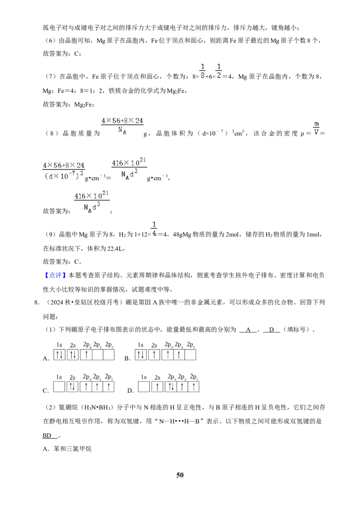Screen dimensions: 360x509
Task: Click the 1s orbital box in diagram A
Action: (x=59, y=354)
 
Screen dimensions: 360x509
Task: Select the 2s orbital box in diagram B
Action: (x=154, y=354)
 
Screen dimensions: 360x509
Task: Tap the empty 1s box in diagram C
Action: (x=59, y=387)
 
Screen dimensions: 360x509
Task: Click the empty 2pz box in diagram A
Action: (x=108, y=354)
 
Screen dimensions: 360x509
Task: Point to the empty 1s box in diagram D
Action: (x=144, y=387)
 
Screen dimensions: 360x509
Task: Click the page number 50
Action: (x=180, y=475)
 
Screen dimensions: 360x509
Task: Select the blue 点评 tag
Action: (x=55, y=275)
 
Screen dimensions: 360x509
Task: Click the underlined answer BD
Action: (x=47, y=435)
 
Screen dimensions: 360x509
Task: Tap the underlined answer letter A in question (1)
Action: (x=248, y=330)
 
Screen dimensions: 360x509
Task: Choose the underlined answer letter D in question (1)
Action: (x=272, y=330)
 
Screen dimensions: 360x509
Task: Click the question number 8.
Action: (x=37, y=302)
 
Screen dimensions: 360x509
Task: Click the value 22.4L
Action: (x=116, y=248)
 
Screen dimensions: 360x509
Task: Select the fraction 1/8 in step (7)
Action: (x=202, y=71)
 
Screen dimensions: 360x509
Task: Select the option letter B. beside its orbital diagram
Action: (x=127, y=358)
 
